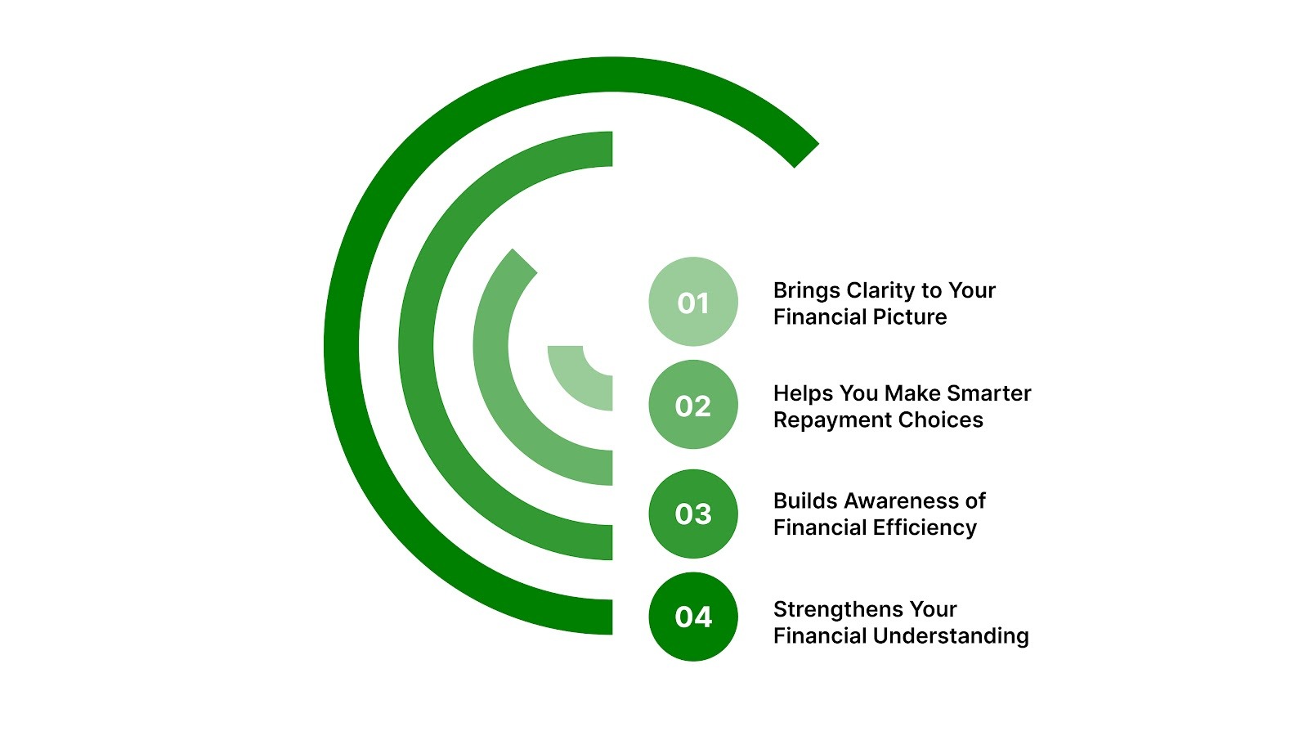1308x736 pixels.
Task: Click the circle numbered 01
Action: [693, 302]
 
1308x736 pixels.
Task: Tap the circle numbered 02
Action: [693, 405]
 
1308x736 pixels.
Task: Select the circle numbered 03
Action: [693, 514]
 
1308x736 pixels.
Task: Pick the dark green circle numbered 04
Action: [693, 617]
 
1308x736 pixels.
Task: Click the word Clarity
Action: [880, 291]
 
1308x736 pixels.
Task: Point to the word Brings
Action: [806, 291]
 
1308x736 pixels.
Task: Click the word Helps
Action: [803, 393]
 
